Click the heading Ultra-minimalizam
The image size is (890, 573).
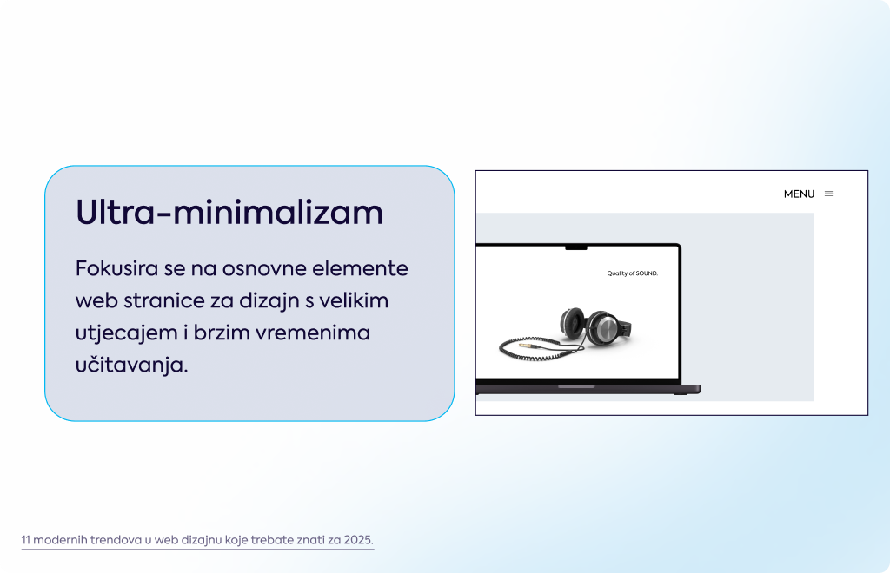click(x=229, y=213)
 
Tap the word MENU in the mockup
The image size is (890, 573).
click(x=799, y=194)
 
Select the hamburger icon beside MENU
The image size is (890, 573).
click(x=828, y=194)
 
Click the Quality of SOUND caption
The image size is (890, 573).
click(x=633, y=273)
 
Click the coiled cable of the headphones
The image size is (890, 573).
click(x=539, y=348)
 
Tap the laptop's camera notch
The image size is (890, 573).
click(x=576, y=247)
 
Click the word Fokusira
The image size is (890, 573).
click(x=116, y=268)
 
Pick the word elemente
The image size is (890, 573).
click(x=360, y=268)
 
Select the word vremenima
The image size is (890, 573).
click(x=313, y=333)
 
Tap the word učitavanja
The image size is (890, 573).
click(x=131, y=365)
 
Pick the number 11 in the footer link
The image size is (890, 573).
click(x=25, y=539)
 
